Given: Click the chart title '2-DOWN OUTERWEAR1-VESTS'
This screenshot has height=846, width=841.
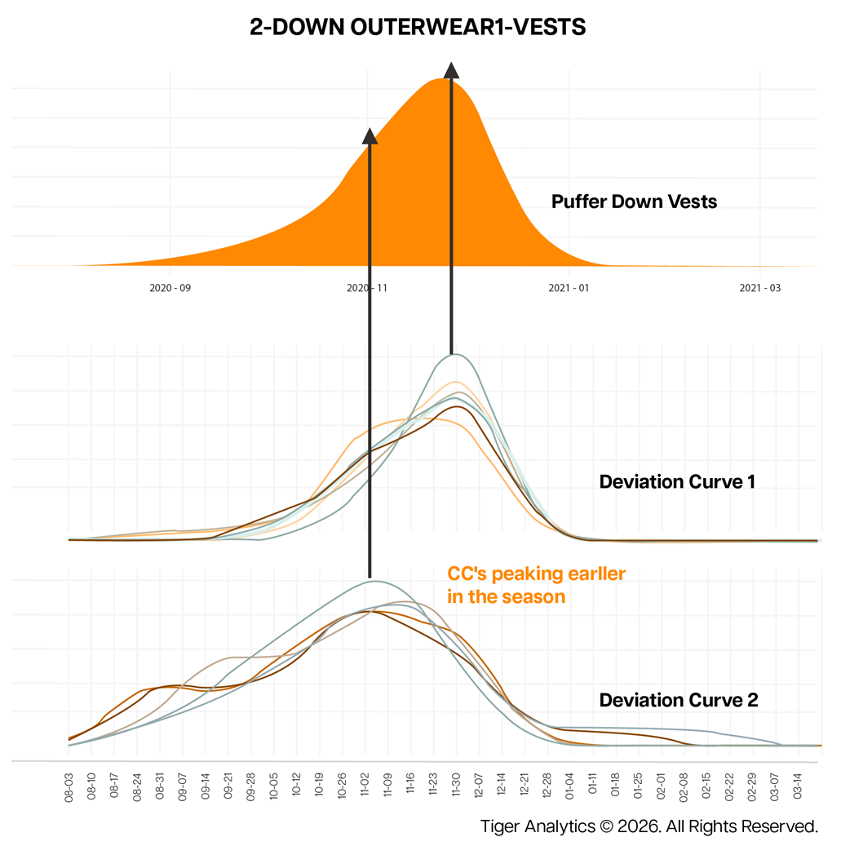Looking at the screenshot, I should tap(418, 28).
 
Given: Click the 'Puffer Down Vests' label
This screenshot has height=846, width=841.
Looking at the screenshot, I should tap(634, 202).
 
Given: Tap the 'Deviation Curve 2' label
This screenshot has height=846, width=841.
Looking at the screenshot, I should tap(679, 700).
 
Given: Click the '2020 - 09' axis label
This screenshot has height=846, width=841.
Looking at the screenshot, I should tap(170, 288).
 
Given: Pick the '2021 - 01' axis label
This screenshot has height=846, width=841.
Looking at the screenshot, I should tap(568, 288).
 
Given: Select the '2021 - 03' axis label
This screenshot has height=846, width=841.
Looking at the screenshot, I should tap(759, 288).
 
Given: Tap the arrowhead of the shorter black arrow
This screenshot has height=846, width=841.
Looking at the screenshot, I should tap(370, 136).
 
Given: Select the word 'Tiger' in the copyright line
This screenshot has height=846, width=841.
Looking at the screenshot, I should tap(502, 826).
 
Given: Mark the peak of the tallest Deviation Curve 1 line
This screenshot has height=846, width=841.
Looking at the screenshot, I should tap(455, 354).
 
